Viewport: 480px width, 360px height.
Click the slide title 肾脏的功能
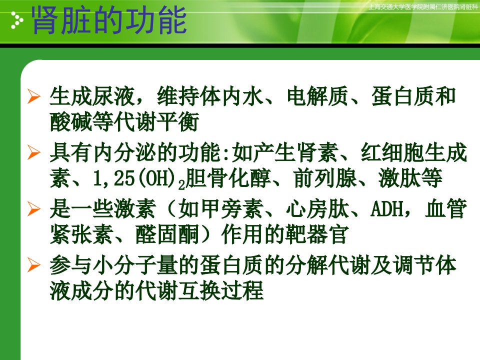pyautogui.click(x=109, y=20)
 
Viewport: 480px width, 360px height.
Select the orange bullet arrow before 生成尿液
pyautogui.click(x=33, y=96)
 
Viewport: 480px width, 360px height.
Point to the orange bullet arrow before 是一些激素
pyautogui.click(x=33, y=209)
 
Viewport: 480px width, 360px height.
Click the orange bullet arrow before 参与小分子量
pyautogui.click(x=33, y=265)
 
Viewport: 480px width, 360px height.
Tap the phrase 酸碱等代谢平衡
pyautogui.click(x=124, y=121)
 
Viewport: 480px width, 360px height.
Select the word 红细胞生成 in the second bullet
pyautogui.click(x=414, y=153)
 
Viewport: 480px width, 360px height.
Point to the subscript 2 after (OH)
pyautogui.click(x=181, y=185)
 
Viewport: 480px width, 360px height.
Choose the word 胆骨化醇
pyautogui.click(x=228, y=178)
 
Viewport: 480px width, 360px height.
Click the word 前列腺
pyautogui.click(x=325, y=178)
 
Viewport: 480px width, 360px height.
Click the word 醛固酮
pyautogui.click(x=167, y=235)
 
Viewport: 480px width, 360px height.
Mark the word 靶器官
pyautogui.click(x=317, y=235)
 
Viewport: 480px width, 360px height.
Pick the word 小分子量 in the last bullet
pyautogui.click(x=135, y=265)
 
